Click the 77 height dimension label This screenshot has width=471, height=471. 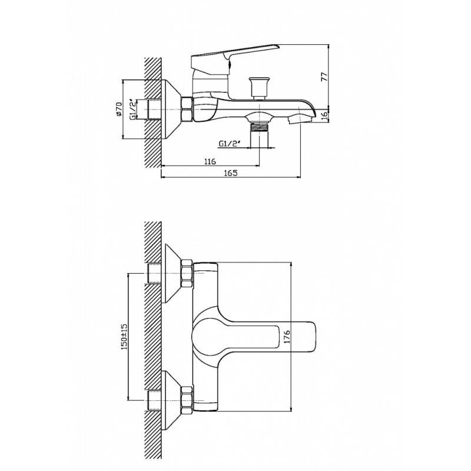(324, 77)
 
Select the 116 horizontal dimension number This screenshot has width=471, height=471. (210, 161)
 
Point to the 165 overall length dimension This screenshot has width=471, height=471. (230, 173)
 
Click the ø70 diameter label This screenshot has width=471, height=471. (119, 109)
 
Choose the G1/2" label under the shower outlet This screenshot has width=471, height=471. (229, 144)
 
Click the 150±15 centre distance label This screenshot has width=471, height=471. (124, 336)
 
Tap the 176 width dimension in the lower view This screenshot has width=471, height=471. (286, 336)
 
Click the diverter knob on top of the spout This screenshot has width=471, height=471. (259, 88)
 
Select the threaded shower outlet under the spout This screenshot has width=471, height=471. (259, 132)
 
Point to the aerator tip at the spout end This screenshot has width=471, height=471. (300, 120)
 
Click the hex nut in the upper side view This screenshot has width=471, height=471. (187, 110)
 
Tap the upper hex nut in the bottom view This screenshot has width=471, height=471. (187, 274)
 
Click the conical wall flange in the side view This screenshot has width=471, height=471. (171, 110)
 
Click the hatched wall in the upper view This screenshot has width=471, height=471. (153, 112)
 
